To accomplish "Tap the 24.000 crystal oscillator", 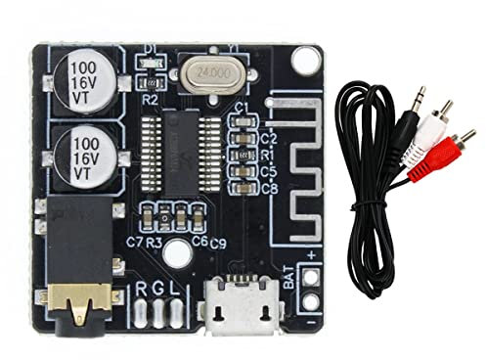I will [213, 72].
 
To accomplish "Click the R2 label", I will [151, 97].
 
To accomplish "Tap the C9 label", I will [218, 243].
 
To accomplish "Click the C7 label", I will [134, 241].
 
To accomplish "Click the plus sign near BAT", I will [311, 255].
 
